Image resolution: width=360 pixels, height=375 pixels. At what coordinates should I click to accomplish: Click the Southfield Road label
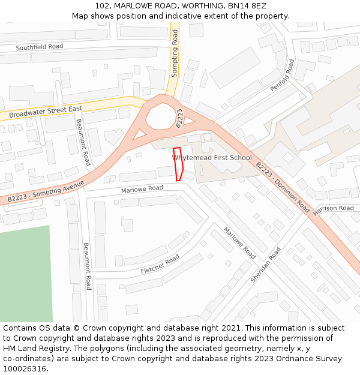39,47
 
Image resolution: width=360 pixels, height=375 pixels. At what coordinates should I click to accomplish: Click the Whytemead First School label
212,158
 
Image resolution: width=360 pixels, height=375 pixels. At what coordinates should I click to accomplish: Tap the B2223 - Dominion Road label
282,188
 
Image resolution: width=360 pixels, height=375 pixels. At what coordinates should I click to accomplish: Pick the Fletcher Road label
160,265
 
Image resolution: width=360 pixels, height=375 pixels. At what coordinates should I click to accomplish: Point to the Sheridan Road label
265,265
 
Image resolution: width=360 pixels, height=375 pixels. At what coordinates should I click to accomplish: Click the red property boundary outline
178,163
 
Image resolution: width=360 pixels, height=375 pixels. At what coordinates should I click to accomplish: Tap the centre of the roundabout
161,116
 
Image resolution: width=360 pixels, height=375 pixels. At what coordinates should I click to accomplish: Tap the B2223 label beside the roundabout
179,118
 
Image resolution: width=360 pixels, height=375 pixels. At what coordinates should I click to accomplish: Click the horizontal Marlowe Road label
142,189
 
